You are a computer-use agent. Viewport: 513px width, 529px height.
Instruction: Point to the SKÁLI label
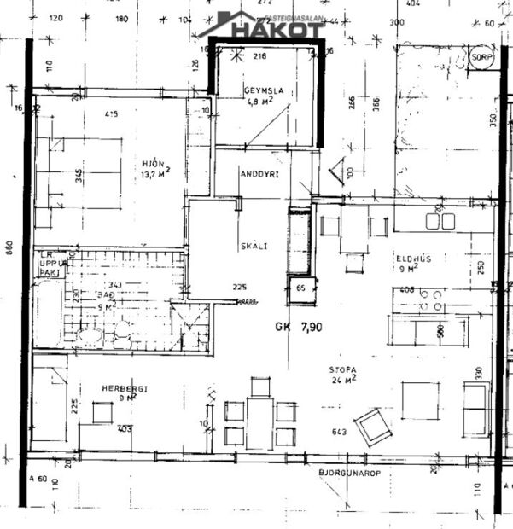coord(254,246)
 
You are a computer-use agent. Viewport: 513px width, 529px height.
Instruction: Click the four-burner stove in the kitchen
coord(432,299)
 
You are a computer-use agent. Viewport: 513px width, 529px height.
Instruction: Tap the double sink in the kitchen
coord(440,222)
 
